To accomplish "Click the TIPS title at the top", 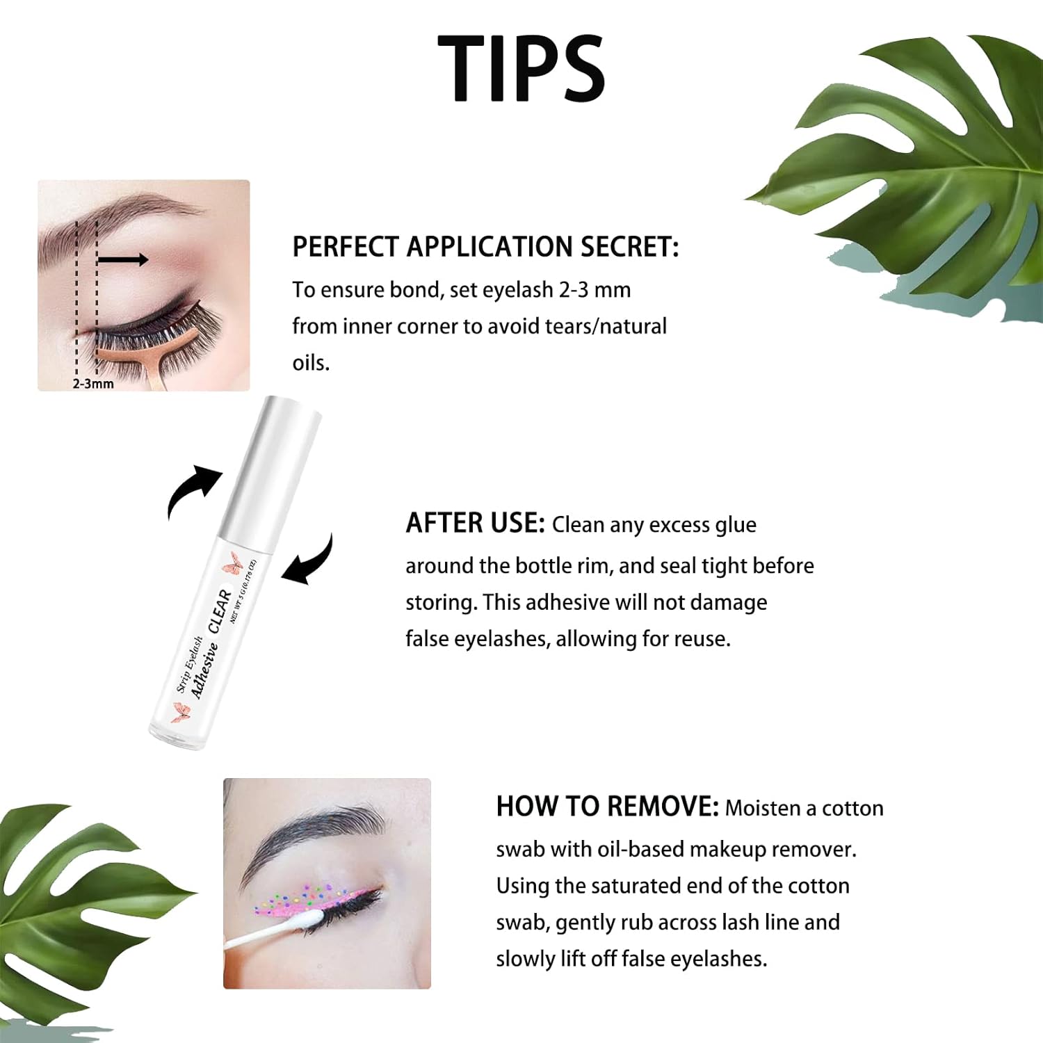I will [521, 68].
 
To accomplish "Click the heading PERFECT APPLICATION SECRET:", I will [485, 248].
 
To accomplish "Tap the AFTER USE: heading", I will [475, 524].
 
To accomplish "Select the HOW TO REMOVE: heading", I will [606, 807].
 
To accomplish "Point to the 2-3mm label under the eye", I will [93, 384].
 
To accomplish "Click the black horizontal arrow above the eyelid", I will [122, 260].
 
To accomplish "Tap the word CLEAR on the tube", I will [220, 610].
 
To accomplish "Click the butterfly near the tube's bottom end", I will [181, 713].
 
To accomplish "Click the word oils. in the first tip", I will [310, 363].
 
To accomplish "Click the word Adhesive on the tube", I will [204, 670].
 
